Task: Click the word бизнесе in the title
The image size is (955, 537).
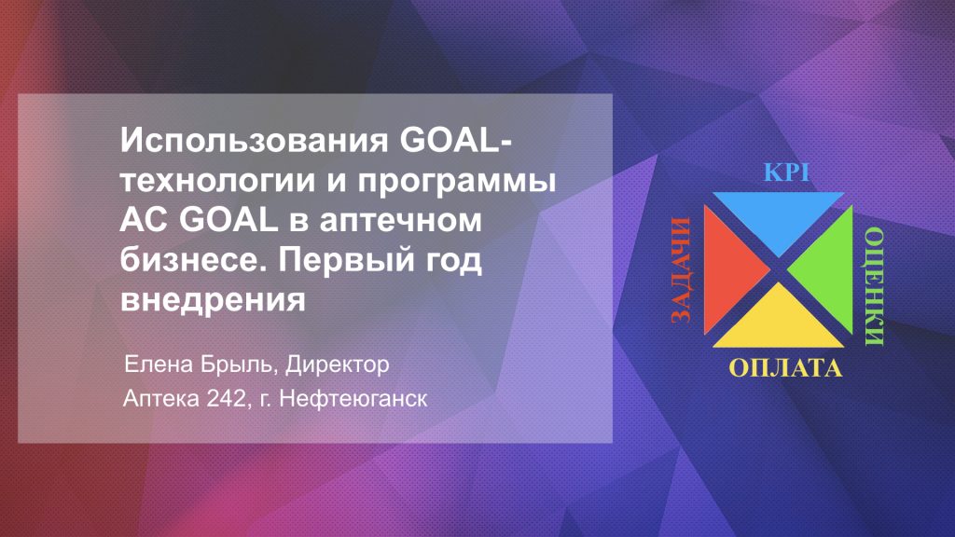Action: [194, 259]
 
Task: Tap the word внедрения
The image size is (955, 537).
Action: [213, 300]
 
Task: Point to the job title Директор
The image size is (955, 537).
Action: [338, 365]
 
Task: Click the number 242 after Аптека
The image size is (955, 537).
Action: [228, 399]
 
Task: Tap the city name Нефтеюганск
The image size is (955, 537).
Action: [353, 399]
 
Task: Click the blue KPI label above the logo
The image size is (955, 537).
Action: [787, 172]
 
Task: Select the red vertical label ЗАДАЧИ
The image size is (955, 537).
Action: [681, 269]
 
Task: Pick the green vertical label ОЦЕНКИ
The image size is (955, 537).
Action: [875, 286]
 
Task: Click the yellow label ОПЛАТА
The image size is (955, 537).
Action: [785, 368]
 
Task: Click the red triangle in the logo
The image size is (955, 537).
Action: [727, 269]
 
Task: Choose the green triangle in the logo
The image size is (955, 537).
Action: [829, 269]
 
